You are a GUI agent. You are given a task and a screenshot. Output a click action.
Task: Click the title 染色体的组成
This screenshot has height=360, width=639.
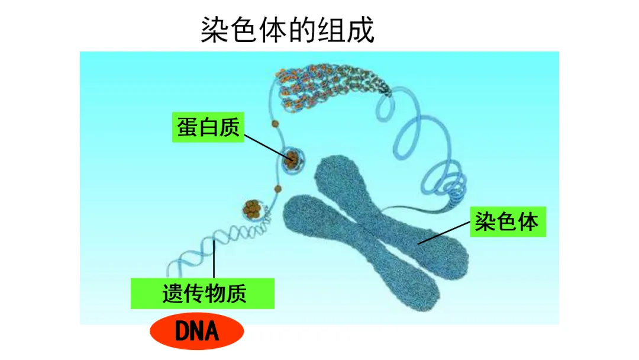(x=288, y=29)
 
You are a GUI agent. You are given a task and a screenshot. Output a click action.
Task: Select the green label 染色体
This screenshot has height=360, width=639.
(x=508, y=222)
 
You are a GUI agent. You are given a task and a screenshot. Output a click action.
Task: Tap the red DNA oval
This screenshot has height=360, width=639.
(x=197, y=332)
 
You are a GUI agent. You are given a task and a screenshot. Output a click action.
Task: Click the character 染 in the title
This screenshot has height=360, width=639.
(x=214, y=29)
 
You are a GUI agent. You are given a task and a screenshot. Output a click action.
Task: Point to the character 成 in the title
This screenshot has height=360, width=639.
(x=361, y=29)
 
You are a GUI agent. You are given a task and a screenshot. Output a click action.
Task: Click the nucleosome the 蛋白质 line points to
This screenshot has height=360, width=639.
(x=292, y=159)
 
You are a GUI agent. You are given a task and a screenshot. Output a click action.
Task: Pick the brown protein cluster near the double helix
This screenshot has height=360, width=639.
(x=252, y=208)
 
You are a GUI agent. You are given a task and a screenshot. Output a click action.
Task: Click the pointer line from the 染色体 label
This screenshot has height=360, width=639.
(x=444, y=233)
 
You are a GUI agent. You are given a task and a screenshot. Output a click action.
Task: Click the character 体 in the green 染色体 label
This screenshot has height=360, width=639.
(x=528, y=222)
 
